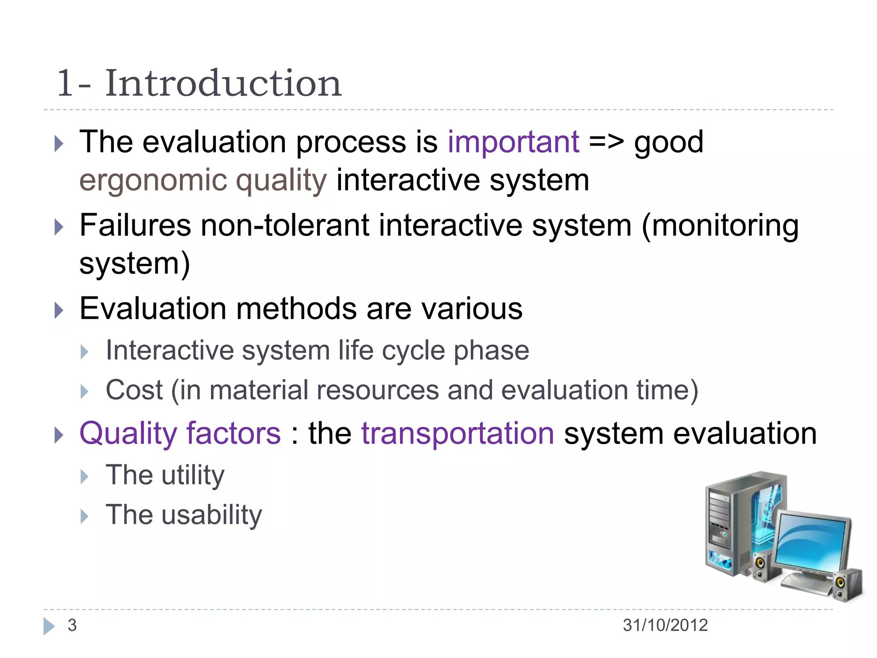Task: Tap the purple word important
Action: [x=513, y=142]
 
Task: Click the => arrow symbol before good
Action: [x=606, y=142]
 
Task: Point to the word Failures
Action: [x=135, y=225]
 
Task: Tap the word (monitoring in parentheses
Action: [x=720, y=226]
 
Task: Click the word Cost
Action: [x=134, y=390]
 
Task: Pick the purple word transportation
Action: [x=458, y=434]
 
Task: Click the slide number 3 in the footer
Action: [x=72, y=625]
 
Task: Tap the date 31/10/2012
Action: [x=665, y=625]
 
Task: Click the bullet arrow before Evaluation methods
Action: [x=59, y=310]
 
